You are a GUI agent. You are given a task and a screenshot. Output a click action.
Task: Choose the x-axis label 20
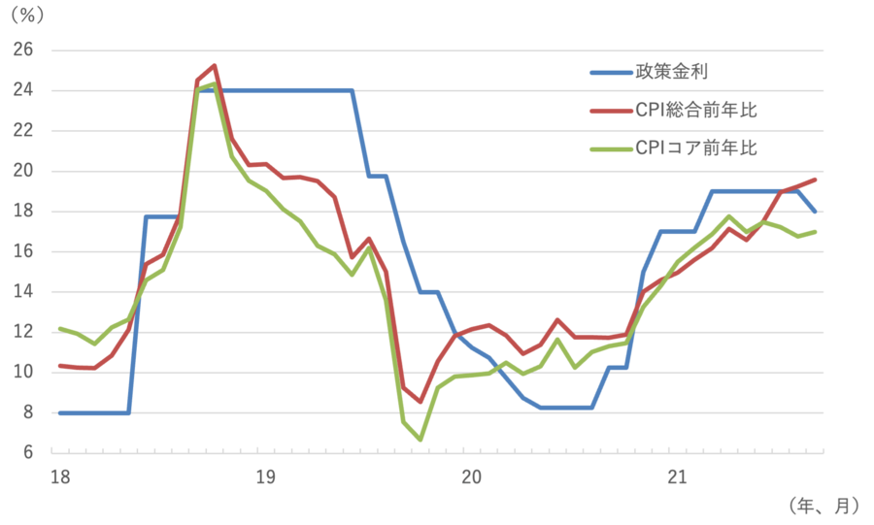(471, 476)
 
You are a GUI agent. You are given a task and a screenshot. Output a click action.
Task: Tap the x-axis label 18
(59, 476)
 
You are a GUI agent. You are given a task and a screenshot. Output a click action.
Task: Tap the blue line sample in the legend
(609, 72)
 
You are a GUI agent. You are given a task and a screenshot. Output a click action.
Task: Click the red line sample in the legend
(609, 111)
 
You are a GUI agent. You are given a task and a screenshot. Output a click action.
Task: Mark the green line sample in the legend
(609, 149)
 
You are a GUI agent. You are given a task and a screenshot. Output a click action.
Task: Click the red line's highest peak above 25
(214, 65)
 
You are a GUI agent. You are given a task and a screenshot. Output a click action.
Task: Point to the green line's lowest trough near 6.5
(420, 442)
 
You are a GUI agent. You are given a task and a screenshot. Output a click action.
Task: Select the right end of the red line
(816, 180)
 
